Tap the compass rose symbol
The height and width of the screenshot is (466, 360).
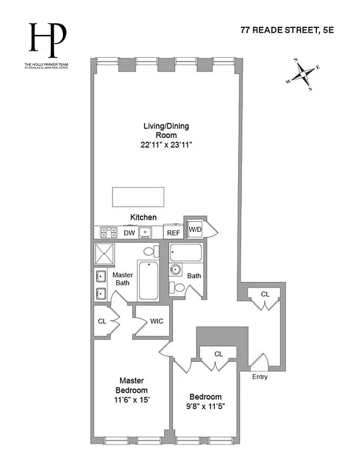303,75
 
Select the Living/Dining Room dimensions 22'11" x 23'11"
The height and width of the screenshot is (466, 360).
166,145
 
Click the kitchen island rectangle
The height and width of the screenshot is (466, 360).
138,197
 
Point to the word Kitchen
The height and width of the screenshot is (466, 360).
143,217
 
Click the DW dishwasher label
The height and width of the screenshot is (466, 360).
129,233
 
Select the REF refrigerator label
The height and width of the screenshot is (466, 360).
174,233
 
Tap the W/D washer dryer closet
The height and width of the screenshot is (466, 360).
195,229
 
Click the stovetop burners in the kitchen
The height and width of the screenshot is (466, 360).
108,232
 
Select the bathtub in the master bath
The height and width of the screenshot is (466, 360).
148,281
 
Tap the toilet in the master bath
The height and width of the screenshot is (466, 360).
150,252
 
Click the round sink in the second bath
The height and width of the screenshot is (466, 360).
175,270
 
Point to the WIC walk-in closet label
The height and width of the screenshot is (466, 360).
157,321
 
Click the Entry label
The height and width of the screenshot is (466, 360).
260,377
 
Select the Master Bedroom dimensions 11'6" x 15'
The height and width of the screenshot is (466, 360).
131,400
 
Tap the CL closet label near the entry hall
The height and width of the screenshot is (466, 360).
265,294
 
